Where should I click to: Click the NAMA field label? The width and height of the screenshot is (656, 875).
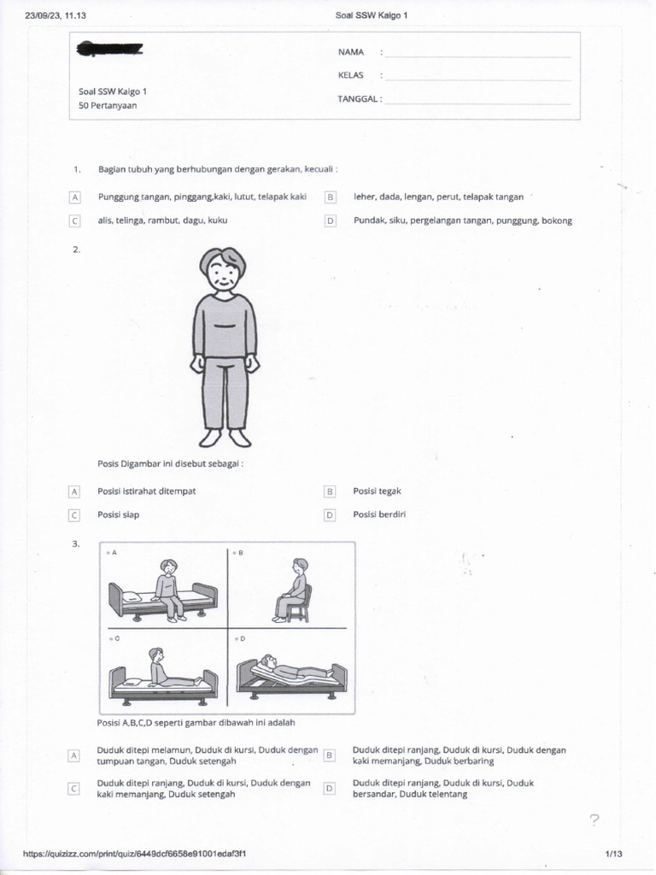351,52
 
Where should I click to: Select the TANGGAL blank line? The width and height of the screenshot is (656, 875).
477,103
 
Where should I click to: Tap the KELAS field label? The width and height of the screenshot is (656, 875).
351,75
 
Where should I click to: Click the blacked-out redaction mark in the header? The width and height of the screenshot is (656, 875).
109,50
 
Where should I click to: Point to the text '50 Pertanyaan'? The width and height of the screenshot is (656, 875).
108,106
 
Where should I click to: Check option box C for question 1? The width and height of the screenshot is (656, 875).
74,220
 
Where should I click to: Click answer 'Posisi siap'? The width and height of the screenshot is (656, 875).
119,514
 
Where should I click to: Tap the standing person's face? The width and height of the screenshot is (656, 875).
223,273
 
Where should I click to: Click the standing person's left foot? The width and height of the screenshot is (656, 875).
240,438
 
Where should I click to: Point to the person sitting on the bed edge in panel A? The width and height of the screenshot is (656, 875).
168,588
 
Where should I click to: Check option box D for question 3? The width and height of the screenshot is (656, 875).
329,788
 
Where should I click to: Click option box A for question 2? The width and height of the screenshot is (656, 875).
74,491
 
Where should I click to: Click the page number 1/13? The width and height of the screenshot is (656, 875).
614,853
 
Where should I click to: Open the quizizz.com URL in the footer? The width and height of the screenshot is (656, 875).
136,853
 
